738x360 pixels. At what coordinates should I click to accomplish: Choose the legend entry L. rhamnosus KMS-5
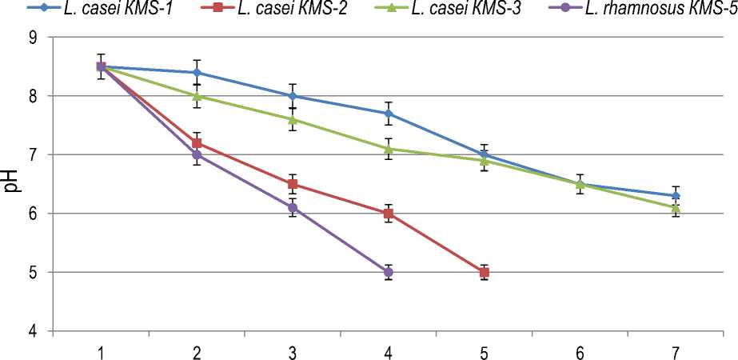pos(648,10)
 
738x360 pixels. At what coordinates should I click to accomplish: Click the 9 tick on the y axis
pos(33,37)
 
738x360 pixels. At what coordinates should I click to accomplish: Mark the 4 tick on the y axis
pos(33,331)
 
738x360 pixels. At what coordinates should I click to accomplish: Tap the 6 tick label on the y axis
pos(33,214)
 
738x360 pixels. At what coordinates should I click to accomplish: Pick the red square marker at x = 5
pos(484,273)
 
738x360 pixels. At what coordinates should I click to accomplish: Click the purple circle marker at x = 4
pos(389,273)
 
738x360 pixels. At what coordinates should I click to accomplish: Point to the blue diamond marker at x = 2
pos(197,72)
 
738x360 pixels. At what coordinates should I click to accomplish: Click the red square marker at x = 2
pos(197,143)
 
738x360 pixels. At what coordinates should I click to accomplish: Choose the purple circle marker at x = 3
pos(293,208)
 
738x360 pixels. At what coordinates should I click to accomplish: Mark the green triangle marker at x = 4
pos(389,149)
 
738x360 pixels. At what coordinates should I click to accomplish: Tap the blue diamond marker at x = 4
pos(389,114)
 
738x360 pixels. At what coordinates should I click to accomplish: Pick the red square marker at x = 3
pos(293,184)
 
